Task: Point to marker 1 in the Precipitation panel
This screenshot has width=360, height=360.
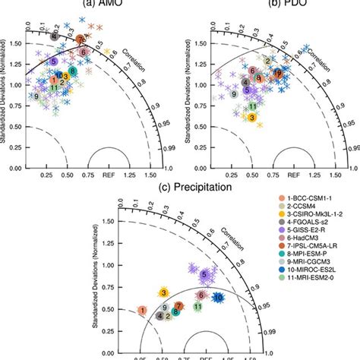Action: tap(142, 310)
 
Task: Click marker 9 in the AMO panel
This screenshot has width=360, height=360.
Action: tap(36, 97)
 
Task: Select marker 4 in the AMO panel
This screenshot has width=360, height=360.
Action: tap(54, 36)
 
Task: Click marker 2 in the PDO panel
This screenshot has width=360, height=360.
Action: tap(267, 60)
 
